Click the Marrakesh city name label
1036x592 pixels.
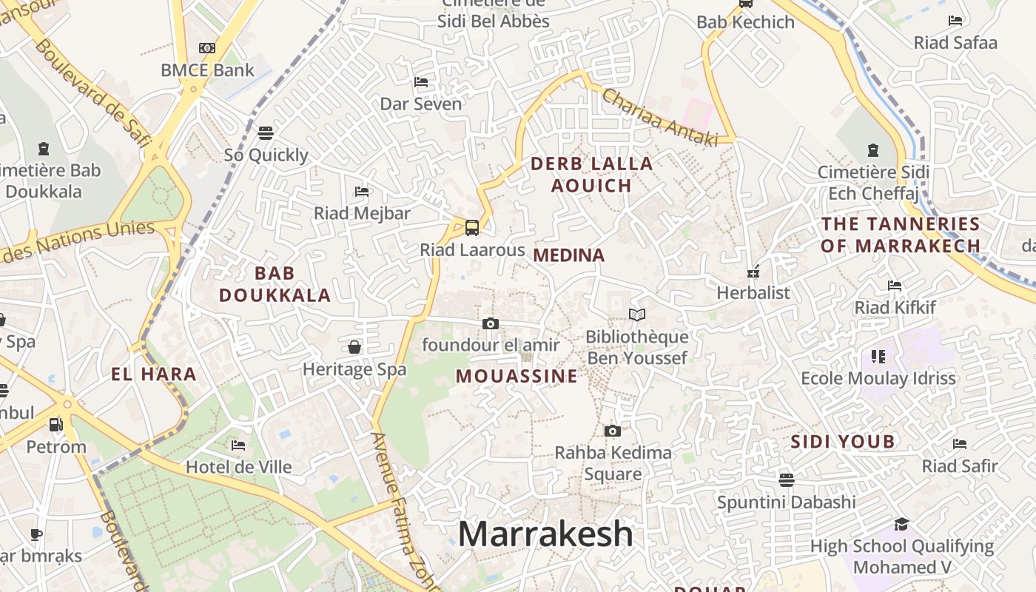(546, 534)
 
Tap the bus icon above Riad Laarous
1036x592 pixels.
(472, 228)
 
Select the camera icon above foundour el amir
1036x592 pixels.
(490, 323)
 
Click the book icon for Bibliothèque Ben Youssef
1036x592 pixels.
(637, 315)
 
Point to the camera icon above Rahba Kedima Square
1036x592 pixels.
(612, 431)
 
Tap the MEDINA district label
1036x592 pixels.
(568, 255)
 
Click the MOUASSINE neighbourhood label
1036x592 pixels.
(517, 376)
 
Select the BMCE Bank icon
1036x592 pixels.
(207, 48)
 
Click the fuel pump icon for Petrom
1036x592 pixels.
(55, 425)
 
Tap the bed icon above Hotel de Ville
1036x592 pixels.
(238, 445)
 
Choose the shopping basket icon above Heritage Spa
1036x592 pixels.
(354, 347)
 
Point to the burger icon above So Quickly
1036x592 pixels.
(266, 132)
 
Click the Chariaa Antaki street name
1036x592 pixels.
(659, 118)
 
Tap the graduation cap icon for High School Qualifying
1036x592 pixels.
(901, 525)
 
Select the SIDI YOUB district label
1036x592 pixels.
(843, 442)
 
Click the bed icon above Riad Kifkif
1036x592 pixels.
(895, 286)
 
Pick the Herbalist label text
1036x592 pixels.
(753, 293)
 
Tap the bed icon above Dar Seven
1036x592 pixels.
(421, 81)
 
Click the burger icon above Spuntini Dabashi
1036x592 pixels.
(787, 480)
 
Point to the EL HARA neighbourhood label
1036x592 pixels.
(154, 374)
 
